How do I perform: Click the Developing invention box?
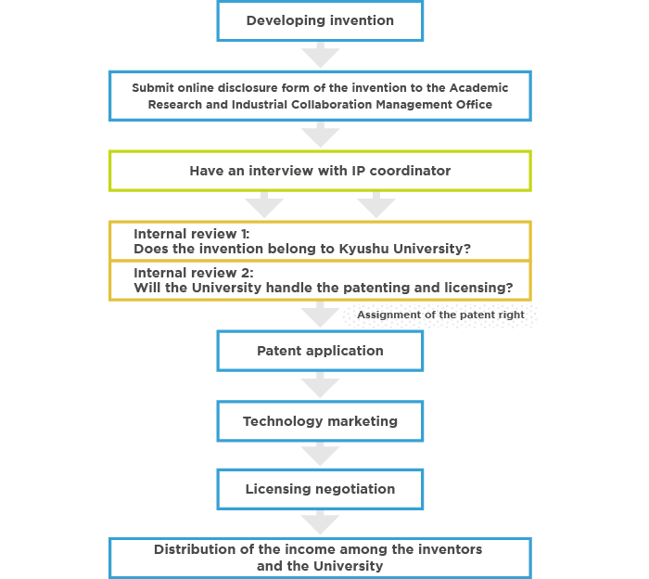(320, 20)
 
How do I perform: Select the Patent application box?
(320, 351)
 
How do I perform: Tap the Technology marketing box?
(320, 421)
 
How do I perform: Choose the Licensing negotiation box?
(320, 489)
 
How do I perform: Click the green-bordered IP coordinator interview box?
(320, 171)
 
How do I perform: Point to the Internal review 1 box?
(320, 241)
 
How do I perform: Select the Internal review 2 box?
(320, 280)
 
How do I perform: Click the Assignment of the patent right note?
(440, 315)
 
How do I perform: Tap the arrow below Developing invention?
(320, 55)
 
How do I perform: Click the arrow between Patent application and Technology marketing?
(320, 385)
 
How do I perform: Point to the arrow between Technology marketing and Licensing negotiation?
(320, 455)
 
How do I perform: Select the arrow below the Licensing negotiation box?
(320, 522)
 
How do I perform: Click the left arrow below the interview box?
(264, 204)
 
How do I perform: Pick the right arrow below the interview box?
(376, 204)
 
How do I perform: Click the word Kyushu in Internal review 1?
(364, 249)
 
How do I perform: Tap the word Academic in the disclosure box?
(479, 88)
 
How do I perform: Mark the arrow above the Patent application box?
(320, 315)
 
